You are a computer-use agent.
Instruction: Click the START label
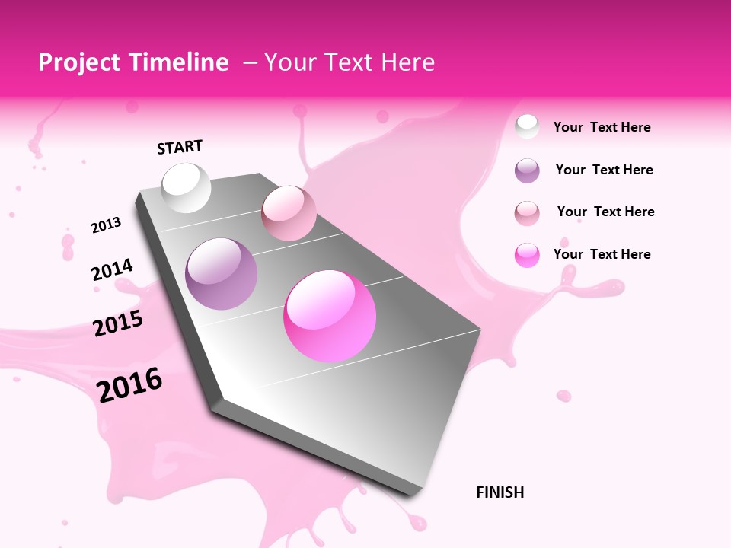[180, 147]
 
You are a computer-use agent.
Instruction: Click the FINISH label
[500, 492]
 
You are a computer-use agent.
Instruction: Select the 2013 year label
[106, 225]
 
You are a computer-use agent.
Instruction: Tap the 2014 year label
[112, 270]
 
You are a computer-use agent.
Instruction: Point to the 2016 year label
[129, 385]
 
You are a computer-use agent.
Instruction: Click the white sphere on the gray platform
[187, 188]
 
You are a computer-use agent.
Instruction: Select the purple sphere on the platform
[222, 274]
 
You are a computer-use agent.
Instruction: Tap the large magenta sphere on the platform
[330, 316]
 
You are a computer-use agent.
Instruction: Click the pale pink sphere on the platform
[289, 213]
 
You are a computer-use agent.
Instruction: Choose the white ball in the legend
[527, 127]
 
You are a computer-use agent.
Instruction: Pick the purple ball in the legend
[527, 170]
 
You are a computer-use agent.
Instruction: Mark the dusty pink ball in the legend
[527, 213]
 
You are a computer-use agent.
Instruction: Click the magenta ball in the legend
[527, 255]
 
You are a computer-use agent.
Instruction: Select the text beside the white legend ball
[602, 127]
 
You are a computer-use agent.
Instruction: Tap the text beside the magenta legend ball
[602, 254]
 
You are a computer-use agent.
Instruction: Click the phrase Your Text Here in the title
[350, 62]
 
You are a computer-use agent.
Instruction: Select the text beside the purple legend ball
[604, 170]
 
